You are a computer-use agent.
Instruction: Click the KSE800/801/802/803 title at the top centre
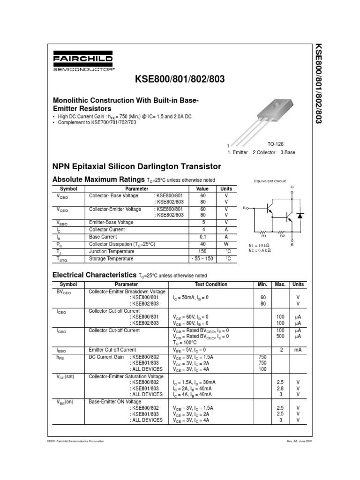[180, 79]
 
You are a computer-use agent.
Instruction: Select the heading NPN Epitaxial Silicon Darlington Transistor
[136, 166]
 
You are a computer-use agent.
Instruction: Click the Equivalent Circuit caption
[270, 181]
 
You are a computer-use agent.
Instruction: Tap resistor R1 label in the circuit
[263, 236]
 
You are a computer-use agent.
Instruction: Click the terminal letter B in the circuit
[244, 207]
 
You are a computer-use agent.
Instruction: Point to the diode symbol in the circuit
[300, 216]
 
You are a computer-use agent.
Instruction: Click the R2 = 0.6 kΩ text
[260, 250]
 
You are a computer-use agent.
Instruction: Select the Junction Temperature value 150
[202, 251]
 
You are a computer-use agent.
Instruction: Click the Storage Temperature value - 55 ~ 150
[202, 259]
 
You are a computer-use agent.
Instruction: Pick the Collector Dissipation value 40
[202, 244]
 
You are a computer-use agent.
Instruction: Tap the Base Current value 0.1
[202, 237]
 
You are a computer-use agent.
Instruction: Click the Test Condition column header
[211, 285]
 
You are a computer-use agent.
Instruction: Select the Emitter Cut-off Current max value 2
[280, 350]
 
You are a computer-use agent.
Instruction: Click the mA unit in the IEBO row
[298, 350]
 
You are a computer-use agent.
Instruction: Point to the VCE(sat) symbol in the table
[66, 376]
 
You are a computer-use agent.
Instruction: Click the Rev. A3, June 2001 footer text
[300, 442]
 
